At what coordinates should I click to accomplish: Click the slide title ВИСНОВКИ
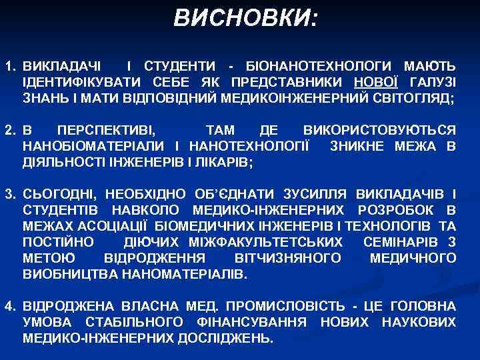(x=245, y=18)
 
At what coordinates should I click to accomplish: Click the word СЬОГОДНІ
(x=60, y=195)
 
